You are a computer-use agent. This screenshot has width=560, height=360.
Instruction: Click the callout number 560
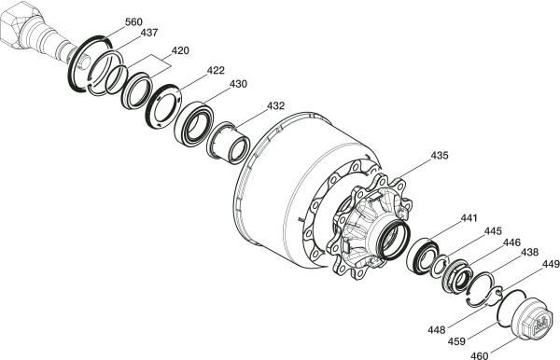133,22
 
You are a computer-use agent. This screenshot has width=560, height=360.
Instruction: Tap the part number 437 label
149,33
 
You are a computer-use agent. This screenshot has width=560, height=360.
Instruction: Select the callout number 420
180,50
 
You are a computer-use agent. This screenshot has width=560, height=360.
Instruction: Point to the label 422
216,70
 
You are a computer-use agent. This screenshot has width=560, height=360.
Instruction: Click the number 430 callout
238,84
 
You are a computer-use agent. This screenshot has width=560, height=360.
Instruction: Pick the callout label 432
275,106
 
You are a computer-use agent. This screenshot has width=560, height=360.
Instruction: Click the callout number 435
440,156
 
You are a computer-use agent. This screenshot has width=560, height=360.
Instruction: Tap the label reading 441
469,218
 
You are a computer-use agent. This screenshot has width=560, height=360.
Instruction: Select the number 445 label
493,231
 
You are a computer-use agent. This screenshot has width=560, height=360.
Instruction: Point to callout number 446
511,243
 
